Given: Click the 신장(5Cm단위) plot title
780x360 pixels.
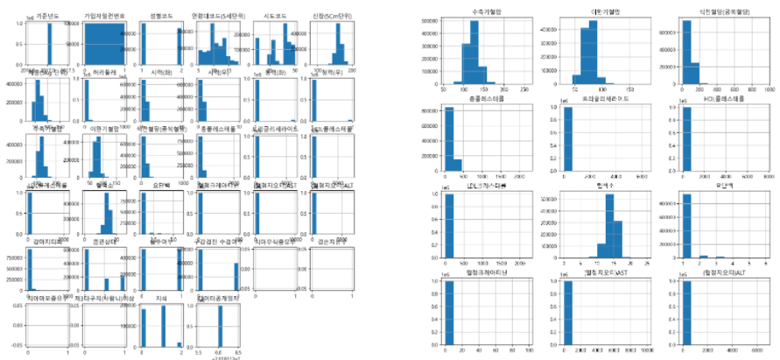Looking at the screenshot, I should pyautogui.click(x=329, y=9).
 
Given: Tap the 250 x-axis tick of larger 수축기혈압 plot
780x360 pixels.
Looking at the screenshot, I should pyautogui.click(x=524, y=90).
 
